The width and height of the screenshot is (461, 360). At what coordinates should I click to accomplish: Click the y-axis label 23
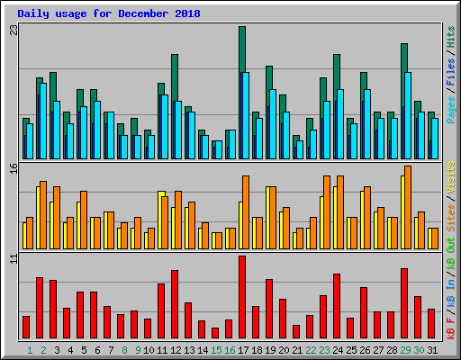[x=13, y=31]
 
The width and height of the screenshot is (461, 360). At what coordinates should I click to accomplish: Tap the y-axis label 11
[x=13, y=260]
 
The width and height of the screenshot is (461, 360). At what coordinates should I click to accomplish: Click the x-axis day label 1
[x=30, y=350]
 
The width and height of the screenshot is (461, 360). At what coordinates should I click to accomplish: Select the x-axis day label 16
[x=230, y=350]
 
